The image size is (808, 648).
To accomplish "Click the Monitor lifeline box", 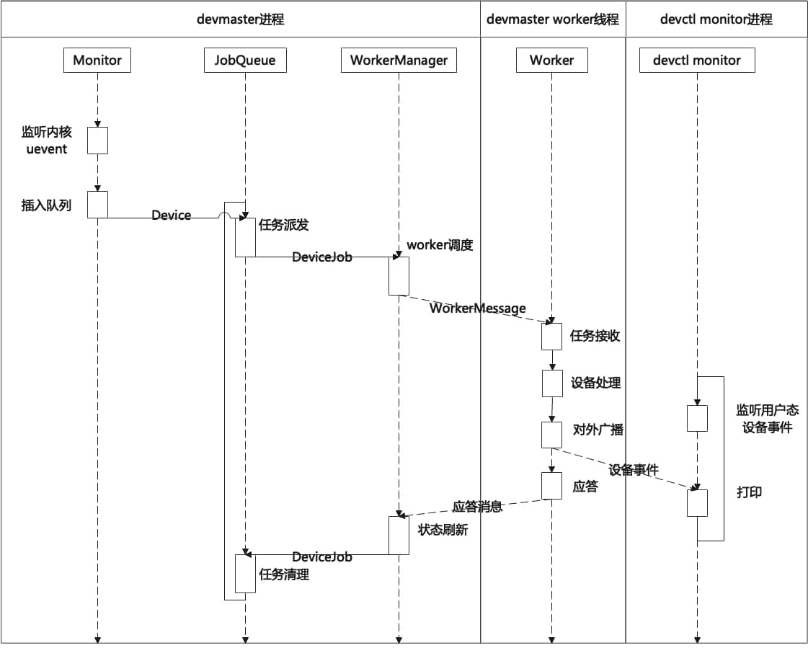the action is pos(97,60).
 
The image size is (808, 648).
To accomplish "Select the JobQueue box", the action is pos(245,60).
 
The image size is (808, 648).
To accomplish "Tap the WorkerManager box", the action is pos(399,60).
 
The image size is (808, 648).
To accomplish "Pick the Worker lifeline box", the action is pos(552,60).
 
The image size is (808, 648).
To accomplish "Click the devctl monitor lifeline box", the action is pos(697,60).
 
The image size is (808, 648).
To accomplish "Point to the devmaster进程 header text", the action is pos(241,19).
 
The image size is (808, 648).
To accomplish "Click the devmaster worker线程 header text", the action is pos(552,19).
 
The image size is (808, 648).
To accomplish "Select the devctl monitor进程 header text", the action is pos(716,19).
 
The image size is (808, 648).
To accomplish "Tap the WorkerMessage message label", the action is pos(478,309).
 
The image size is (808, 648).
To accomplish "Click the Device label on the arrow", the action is pos(171,215).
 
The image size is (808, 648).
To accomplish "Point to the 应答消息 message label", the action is pos(477,506).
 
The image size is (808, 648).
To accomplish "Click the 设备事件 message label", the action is pos(634,470).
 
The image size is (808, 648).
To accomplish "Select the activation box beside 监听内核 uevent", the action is pos(97,141).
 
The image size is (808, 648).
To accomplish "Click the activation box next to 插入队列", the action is pos(97,205).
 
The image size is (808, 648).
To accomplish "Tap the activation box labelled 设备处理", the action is pos(552,383).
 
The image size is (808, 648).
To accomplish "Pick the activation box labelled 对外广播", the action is pos(551,435).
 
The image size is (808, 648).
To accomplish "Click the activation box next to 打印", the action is pos(697,503).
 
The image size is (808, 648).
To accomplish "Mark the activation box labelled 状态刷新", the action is pos(399,536).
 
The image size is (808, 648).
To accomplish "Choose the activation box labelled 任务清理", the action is pos(245,574).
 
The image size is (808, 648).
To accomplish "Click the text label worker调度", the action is pos(440,245).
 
